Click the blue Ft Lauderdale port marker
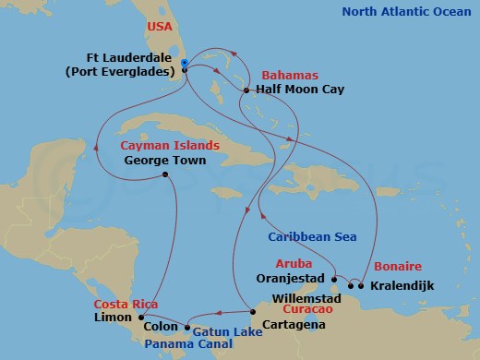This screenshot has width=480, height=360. coord(186,63)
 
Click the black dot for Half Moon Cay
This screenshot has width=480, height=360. coord(246,90)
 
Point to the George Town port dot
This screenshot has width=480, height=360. coord(164,174)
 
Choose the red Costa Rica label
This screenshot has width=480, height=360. coord(122,303)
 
